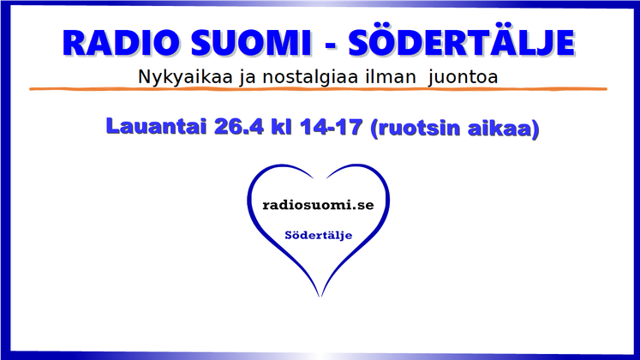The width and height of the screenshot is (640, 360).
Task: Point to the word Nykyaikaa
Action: point(185,77)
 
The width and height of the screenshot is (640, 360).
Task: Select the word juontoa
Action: point(463,77)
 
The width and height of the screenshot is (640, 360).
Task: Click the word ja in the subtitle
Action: point(248,77)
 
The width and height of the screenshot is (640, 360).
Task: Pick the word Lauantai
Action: point(156,126)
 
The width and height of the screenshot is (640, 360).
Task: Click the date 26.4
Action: point(240,126)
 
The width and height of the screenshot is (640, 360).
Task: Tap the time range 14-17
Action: point(331,127)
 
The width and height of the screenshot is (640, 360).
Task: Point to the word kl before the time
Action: point(283,126)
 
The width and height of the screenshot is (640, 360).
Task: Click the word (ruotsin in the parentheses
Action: point(416,129)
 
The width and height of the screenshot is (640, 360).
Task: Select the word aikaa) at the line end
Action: point(503,129)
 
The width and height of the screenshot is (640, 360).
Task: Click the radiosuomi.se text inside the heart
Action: point(318,205)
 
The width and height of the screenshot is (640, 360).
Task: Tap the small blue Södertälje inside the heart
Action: point(319,236)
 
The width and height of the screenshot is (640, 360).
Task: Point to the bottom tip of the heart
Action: point(320,297)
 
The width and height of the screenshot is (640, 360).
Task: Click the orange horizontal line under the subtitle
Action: point(318,89)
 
